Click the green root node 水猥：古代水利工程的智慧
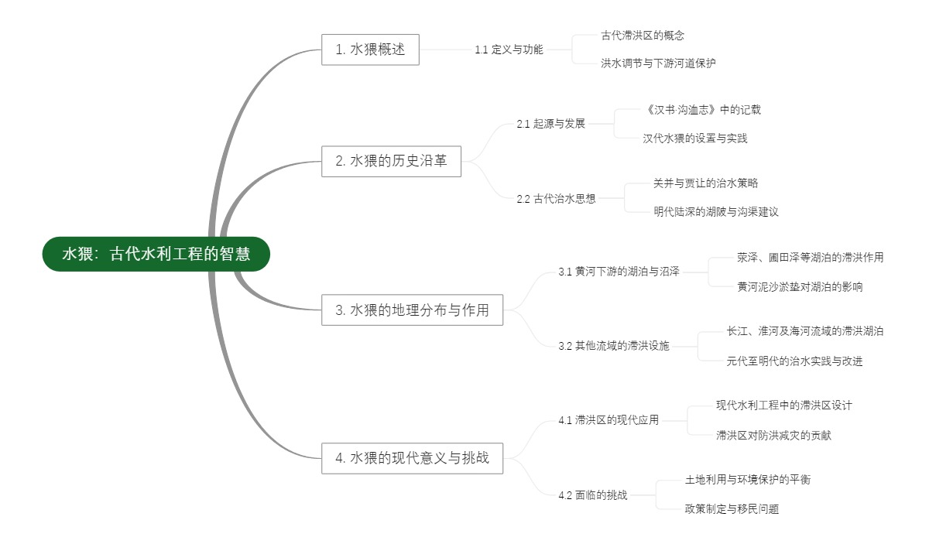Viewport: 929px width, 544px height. point(156,254)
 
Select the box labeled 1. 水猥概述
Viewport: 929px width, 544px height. point(370,50)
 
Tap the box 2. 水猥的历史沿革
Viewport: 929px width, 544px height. point(391,162)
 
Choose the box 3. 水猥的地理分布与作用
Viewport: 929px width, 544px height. point(412,310)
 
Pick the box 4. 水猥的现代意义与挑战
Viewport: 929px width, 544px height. point(412,458)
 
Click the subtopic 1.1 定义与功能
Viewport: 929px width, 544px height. point(509,50)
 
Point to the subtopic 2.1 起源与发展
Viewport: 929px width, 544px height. point(550,124)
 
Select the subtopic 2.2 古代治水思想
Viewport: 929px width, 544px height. point(556,198)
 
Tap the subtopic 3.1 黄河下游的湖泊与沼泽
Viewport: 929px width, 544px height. point(619,272)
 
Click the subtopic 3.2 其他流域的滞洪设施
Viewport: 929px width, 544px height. point(613,346)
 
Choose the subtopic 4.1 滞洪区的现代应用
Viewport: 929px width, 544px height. point(608,420)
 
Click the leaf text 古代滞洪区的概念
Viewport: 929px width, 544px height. point(643,36)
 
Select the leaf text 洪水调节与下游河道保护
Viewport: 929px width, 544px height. point(658,63)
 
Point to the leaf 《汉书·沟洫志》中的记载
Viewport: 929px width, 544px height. point(701,110)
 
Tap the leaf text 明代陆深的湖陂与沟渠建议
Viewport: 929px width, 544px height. point(715,212)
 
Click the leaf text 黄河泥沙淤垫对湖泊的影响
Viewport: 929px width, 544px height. point(799,287)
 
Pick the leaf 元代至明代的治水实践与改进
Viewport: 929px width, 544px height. point(794,361)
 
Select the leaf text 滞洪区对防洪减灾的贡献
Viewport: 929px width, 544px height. point(773,436)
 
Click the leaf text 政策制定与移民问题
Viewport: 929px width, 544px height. point(732,509)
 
